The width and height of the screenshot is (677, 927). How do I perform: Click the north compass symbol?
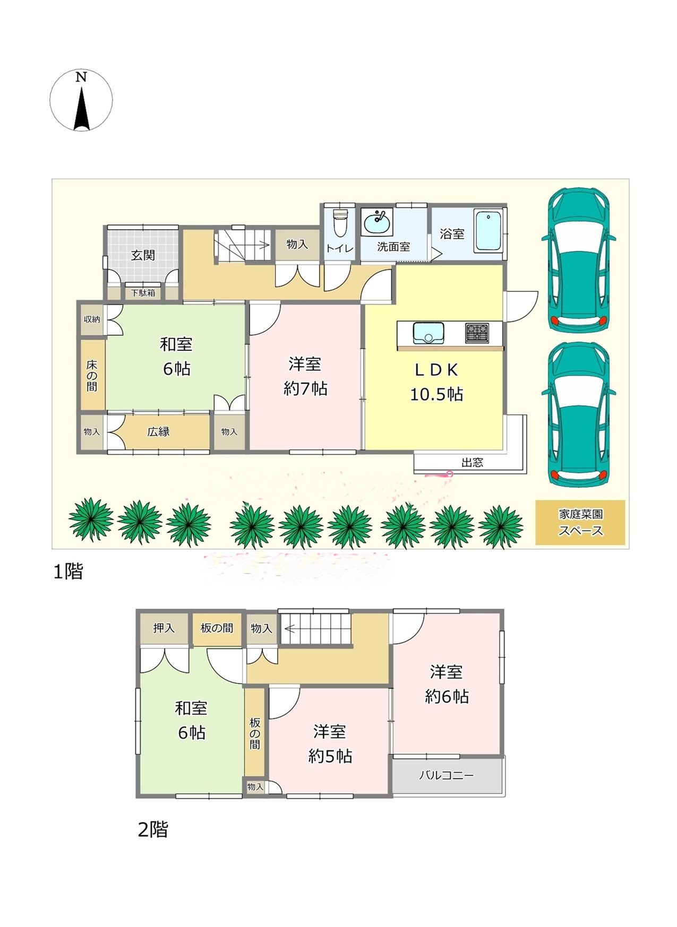click(x=81, y=101)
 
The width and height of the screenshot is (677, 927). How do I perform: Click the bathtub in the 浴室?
click(x=488, y=231)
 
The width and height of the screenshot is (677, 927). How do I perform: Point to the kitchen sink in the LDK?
click(x=429, y=333)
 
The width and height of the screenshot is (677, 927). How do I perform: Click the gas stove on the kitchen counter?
click(x=478, y=333)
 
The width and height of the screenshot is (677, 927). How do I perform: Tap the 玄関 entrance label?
click(x=143, y=255)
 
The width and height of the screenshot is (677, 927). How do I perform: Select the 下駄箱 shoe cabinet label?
click(x=143, y=292)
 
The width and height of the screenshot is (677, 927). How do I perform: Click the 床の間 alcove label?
click(x=92, y=376)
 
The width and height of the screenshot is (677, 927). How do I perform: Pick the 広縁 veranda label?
click(x=158, y=431)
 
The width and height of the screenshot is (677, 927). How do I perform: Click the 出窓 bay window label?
click(x=472, y=462)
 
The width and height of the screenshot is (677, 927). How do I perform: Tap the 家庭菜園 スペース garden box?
click(x=580, y=523)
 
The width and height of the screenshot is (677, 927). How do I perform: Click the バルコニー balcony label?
click(x=447, y=775)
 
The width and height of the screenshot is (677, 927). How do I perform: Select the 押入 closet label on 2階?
click(x=164, y=628)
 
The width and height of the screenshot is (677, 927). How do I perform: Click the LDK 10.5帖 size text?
click(x=436, y=394)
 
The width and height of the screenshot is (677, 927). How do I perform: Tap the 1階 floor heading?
click(x=68, y=571)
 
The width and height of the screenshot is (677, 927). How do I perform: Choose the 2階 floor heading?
click(x=153, y=829)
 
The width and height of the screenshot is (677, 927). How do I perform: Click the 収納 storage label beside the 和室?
click(x=92, y=319)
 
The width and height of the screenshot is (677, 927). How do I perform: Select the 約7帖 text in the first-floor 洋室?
click(x=305, y=389)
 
